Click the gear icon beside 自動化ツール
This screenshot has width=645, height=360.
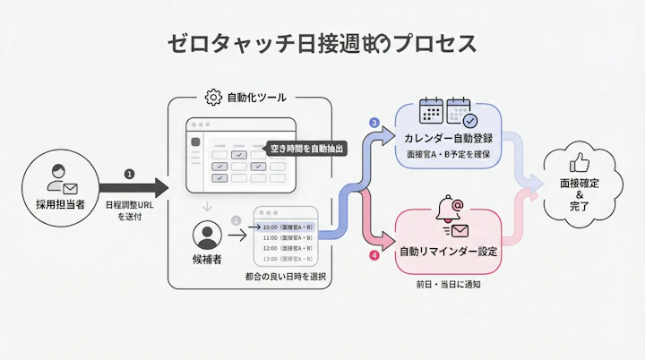(x=213, y=98)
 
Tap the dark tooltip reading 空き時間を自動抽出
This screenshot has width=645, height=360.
(x=305, y=147)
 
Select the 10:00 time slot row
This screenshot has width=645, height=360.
(x=286, y=227)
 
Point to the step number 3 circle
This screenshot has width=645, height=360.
(x=374, y=123)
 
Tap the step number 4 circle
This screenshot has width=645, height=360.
(x=374, y=255)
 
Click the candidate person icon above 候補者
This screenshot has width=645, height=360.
(x=208, y=236)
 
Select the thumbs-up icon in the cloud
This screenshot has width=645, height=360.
(x=578, y=163)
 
